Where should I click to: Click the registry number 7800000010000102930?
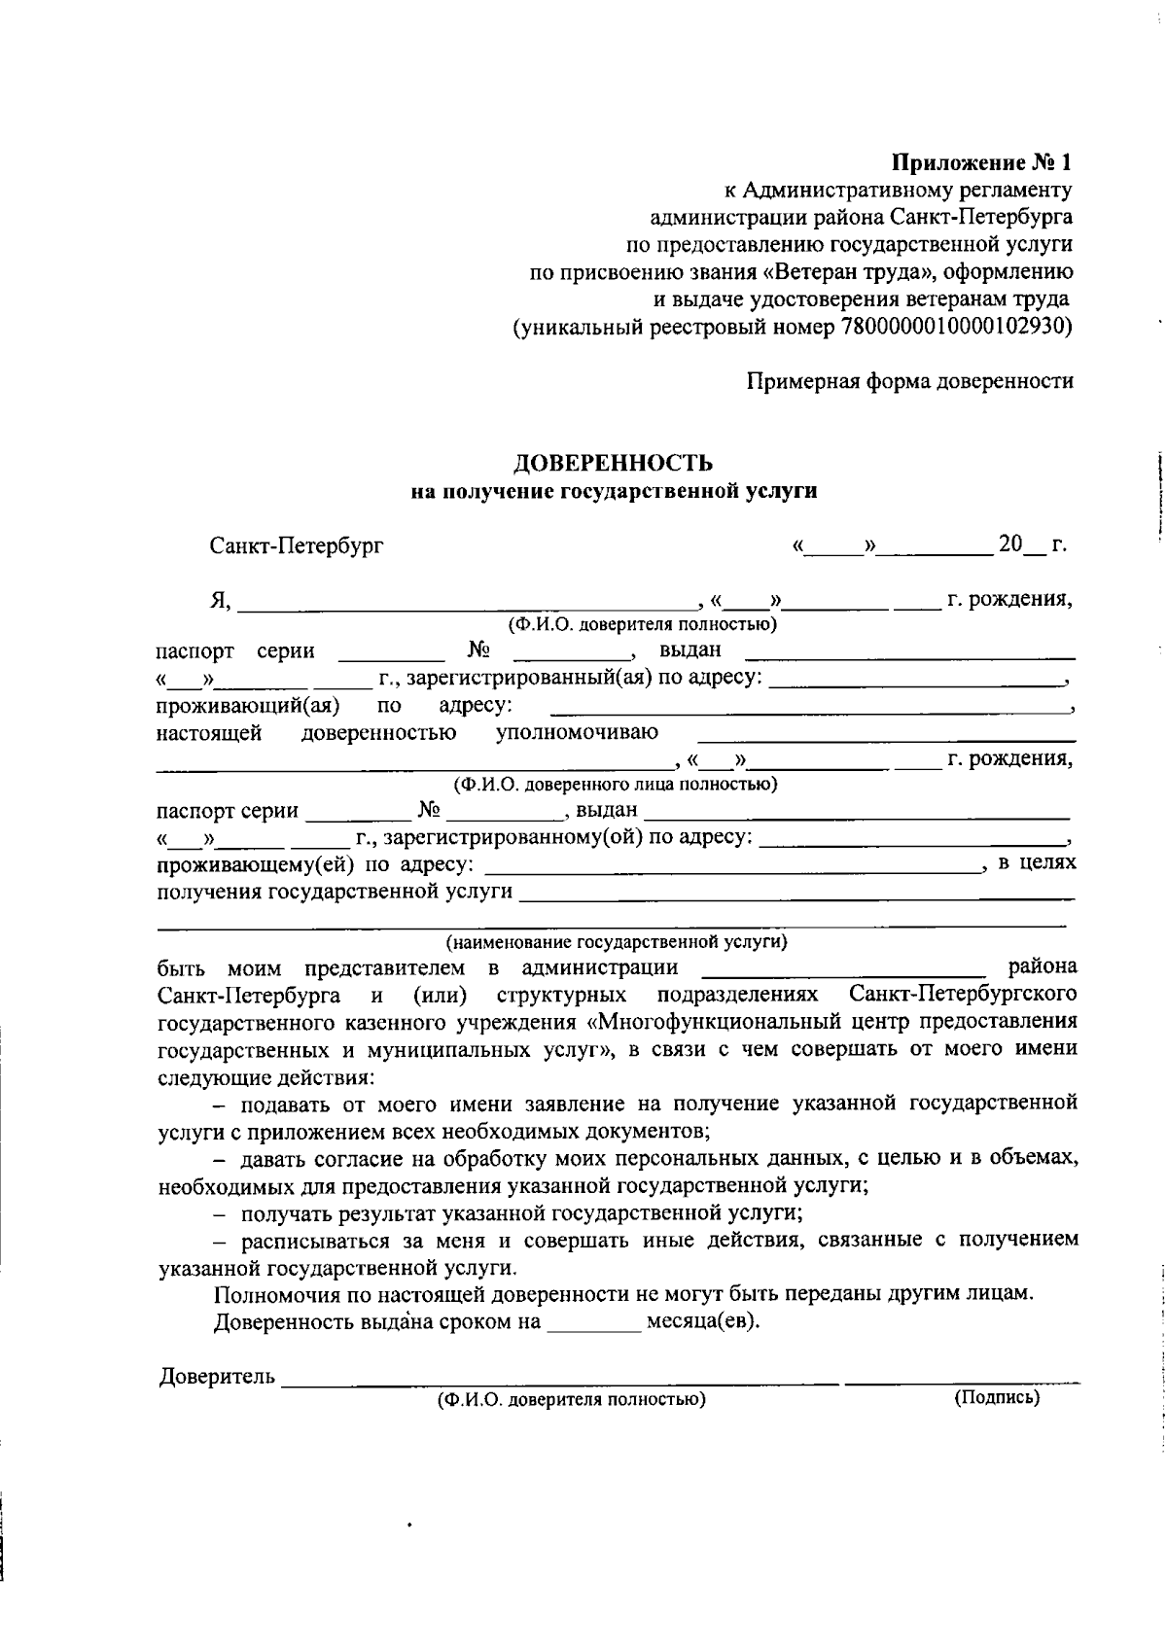pos(952,327)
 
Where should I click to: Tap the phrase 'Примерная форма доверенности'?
pos(909,381)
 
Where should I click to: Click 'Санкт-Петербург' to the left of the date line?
pos(297,545)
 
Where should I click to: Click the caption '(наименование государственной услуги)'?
pos(617,941)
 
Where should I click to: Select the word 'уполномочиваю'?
pos(577,732)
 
